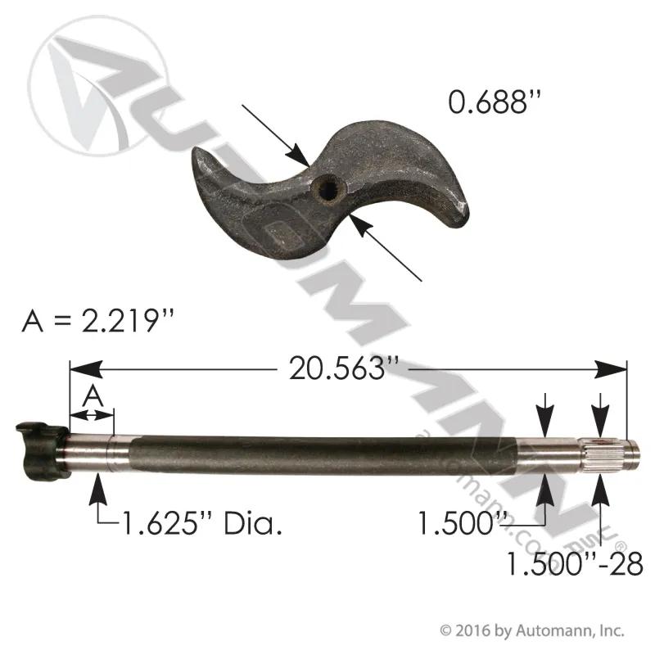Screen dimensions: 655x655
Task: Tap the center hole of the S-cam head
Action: (x=326, y=191)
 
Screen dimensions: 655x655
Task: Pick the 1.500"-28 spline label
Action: (x=575, y=563)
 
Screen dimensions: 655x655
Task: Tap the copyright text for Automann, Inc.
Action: (x=532, y=630)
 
